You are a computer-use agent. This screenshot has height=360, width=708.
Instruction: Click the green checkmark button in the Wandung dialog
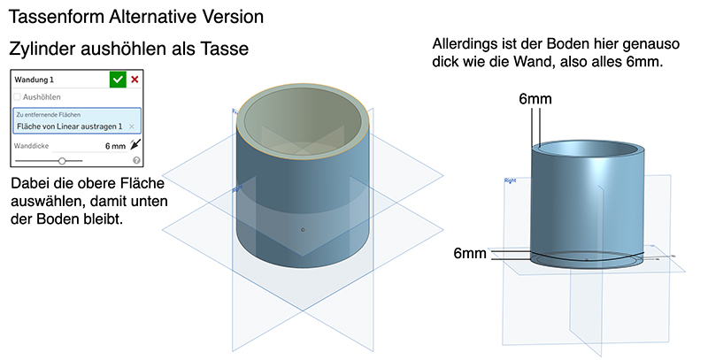tap(118, 80)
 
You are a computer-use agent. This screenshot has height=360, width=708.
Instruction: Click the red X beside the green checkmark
tap(135, 80)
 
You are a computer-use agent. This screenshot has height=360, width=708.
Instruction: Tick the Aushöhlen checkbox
tap(18, 96)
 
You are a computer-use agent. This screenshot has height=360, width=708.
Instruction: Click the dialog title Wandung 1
tap(35, 80)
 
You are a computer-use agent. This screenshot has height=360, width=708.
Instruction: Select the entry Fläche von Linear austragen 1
tap(69, 126)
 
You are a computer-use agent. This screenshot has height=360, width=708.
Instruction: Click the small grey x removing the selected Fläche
tap(131, 126)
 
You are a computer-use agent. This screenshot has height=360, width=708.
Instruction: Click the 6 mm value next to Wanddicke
tap(115, 146)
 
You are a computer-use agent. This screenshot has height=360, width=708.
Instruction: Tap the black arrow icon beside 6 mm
tap(135, 145)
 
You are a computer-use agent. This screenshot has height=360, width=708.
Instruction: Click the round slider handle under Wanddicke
tap(62, 161)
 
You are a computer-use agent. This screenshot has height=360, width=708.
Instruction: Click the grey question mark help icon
tap(136, 161)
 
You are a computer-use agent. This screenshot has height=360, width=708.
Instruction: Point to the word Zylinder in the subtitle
tap(36, 50)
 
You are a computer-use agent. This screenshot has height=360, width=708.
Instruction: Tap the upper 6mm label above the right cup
tap(535, 99)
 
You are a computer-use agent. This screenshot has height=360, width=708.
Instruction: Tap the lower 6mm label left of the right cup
tap(470, 254)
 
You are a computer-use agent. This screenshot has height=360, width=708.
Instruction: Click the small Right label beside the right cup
tap(510, 180)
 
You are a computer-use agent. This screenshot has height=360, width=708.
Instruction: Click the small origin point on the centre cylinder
tap(303, 230)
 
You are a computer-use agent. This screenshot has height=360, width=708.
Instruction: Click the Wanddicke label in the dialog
tap(35, 146)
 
